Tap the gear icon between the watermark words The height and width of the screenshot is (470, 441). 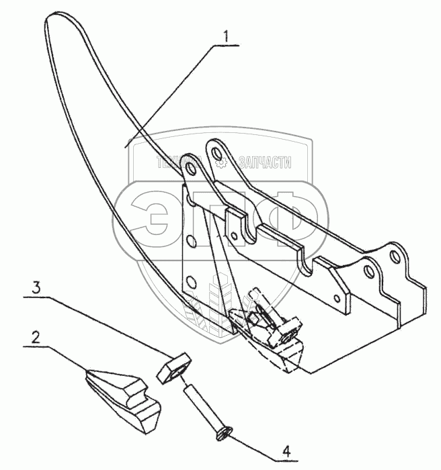219,162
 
